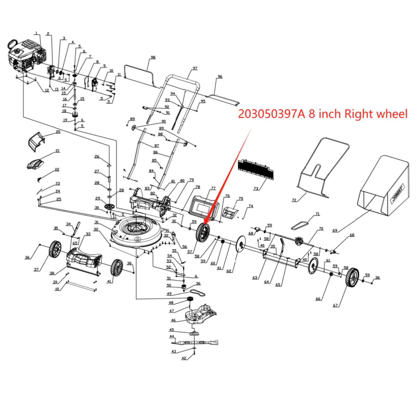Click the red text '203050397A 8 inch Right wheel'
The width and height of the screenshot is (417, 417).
322,114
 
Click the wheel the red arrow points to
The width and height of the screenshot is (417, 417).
203,232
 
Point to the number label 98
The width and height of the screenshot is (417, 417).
153,57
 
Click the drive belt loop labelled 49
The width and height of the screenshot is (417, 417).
197,293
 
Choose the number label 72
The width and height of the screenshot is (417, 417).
294,200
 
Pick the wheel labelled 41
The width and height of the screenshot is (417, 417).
116,267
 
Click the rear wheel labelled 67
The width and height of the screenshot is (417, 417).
352,277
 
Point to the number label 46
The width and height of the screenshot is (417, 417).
173,320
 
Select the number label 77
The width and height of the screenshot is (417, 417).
213,188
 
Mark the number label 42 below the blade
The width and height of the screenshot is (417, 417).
184,358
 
